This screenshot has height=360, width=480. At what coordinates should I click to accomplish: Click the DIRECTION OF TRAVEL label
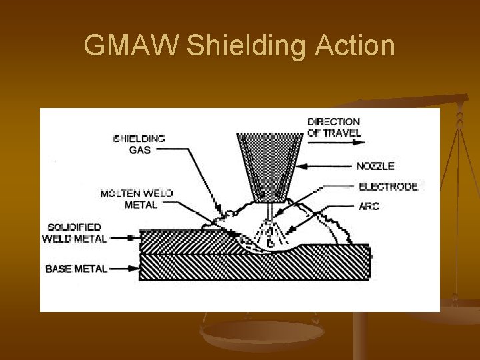coord(333,127)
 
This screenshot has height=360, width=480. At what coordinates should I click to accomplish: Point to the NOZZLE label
coord(375,166)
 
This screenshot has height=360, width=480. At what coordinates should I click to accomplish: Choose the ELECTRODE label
coord(387,187)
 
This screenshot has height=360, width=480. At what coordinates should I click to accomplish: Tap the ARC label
coord(369,207)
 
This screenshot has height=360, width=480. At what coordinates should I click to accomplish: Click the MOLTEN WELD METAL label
coord(136,199)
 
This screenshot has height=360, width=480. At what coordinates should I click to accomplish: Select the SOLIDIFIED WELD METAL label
coord(74,233)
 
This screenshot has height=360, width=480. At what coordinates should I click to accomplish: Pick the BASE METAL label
coord(76,269)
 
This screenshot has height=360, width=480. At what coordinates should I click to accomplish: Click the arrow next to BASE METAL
coord(124,269)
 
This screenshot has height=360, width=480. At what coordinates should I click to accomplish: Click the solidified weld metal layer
coord(180,240)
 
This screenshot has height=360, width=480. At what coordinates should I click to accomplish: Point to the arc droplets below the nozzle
coord(269,237)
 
